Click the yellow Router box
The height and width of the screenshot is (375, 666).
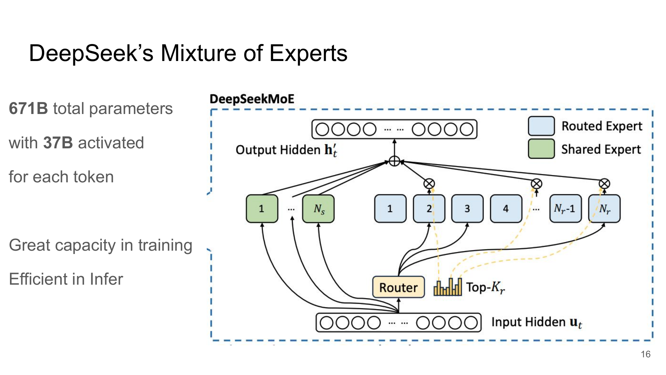point(398,287)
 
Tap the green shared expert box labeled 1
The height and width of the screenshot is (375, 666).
point(262,209)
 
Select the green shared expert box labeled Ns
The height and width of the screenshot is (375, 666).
point(318,209)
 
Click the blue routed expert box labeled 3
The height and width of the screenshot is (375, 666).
point(467,209)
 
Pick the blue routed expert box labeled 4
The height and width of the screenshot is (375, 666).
point(506,209)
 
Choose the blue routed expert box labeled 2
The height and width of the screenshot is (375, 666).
point(429,209)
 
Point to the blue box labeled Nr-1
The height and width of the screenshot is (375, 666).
point(565,209)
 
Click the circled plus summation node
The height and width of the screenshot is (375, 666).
point(394,161)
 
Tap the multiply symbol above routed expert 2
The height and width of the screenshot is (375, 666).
point(429,184)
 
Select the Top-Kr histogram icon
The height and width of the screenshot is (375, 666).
point(448,287)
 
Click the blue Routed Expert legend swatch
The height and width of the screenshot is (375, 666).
point(541,126)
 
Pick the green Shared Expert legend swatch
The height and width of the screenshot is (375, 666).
point(541,149)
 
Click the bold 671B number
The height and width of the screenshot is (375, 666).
point(28,109)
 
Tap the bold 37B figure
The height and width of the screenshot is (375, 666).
point(58,143)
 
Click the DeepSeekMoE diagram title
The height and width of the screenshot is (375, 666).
point(252,99)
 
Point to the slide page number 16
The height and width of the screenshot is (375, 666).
point(645,354)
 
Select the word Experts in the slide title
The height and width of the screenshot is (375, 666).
point(308,53)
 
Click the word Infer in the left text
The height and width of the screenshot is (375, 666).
point(106,279)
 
